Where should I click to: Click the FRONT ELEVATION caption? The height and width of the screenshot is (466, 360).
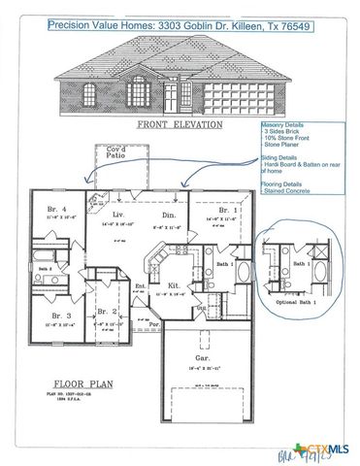click(180, 125)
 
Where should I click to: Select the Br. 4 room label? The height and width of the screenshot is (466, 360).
click(54, 211)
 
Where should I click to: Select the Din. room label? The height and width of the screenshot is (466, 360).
click(168, 216)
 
